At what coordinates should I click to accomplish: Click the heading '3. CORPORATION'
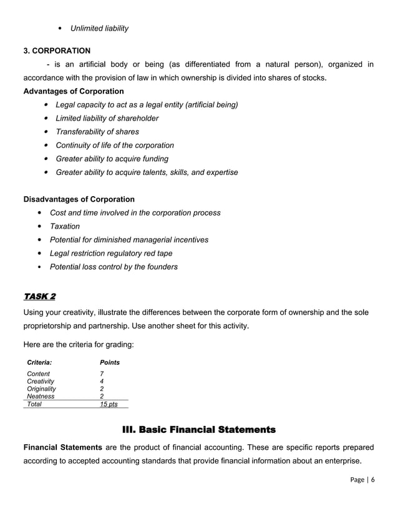(x=57, y=51)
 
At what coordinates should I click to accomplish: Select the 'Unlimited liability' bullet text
(x=99, y=28)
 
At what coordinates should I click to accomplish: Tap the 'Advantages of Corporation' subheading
(x=74, y=91)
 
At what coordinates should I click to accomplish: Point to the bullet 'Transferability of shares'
(x=97, y=132)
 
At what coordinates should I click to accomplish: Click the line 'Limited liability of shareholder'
(x=107, y=118)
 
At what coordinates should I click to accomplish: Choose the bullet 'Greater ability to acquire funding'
(x=112, y=159)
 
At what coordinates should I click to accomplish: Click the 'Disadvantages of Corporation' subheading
(x=79, y=199)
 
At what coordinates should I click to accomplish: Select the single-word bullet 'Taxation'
(x=65, y=226)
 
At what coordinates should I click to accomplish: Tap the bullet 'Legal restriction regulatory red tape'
(x=111, y=253)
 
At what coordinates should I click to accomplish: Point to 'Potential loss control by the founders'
(x=114, y=267)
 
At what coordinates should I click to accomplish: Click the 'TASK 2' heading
(x=39, y=295)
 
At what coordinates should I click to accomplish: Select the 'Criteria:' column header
(x=39, y=362)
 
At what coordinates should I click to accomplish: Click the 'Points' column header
(x=110, y=362)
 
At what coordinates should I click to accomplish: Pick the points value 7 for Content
(x=102, y=374)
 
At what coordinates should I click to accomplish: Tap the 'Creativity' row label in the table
(x=41, y=381)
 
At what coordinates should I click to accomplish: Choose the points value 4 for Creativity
(x=102, y=381)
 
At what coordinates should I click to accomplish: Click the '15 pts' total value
(x=109, y=404)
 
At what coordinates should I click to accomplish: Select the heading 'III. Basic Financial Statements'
(x=198, y=430)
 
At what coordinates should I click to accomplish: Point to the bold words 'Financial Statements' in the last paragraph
(x=62, y=447)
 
